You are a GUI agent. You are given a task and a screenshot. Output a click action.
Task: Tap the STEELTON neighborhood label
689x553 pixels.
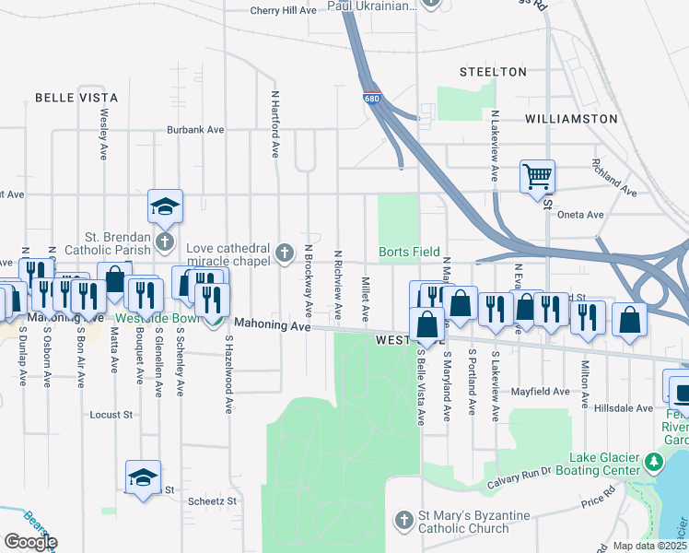pyautogui.click(x=493, y=72)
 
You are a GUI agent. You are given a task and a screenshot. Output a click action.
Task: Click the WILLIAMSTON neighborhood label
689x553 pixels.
pyautogui.click(x=571, y=119)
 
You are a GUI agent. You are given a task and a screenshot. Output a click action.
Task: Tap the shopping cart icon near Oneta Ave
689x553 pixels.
pyautogui.click(x=537, y=174)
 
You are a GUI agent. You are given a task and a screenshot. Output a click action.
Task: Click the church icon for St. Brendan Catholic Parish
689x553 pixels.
pyautogui.click(x=165, y=242)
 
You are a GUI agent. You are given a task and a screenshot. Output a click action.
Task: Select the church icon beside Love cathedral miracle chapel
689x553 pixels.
pyautogui.click(x=286, y=250)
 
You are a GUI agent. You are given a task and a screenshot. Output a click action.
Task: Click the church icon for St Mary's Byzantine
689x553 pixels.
pyautogui.click(x=403, y=521)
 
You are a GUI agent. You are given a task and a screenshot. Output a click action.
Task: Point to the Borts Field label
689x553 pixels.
pyautogui.click(x=409, y=253)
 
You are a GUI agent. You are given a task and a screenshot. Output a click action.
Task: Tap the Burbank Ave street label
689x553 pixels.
pyautogui.click(x=195, y=130)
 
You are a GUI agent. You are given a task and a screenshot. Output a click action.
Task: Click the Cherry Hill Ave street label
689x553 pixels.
pyautogui.click(x=284, y=10)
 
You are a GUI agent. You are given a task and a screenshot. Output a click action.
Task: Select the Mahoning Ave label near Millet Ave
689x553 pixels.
pyautogui.click(x=273, y=324)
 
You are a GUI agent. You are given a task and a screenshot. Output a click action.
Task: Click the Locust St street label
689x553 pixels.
pyautogui.click(x=111, y=415)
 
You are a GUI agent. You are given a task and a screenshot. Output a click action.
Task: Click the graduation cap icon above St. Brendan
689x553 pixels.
pyautogui.click(x=165, y=206)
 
